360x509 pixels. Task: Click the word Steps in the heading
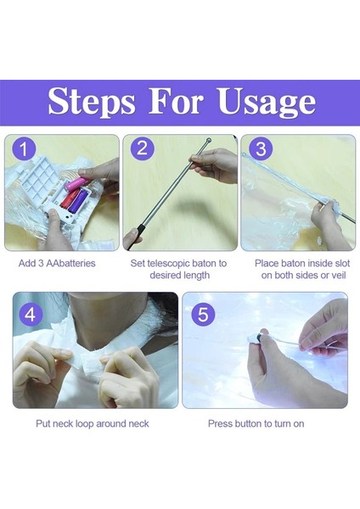click(x=92, y=102)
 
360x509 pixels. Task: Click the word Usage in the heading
click(x=267, y=103)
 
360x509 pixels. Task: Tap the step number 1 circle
click(x=24, y=148)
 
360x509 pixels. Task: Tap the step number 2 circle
click(x=143, y=148)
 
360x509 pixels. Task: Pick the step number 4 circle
click(x=31, y=315)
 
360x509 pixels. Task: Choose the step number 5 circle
click(x=203, y=314)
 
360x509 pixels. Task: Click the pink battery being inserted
click(x=75, y=184)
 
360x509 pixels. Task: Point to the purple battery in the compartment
click(x=78, y=202)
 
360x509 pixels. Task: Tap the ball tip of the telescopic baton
click(x=208, y=141)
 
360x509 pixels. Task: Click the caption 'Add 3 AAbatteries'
click(x=57, y=263)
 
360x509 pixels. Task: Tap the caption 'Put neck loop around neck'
click(x=93, y=423)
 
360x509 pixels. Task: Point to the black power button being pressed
click(x=258, y=338)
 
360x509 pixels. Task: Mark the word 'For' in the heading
click(x=177, y=101)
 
